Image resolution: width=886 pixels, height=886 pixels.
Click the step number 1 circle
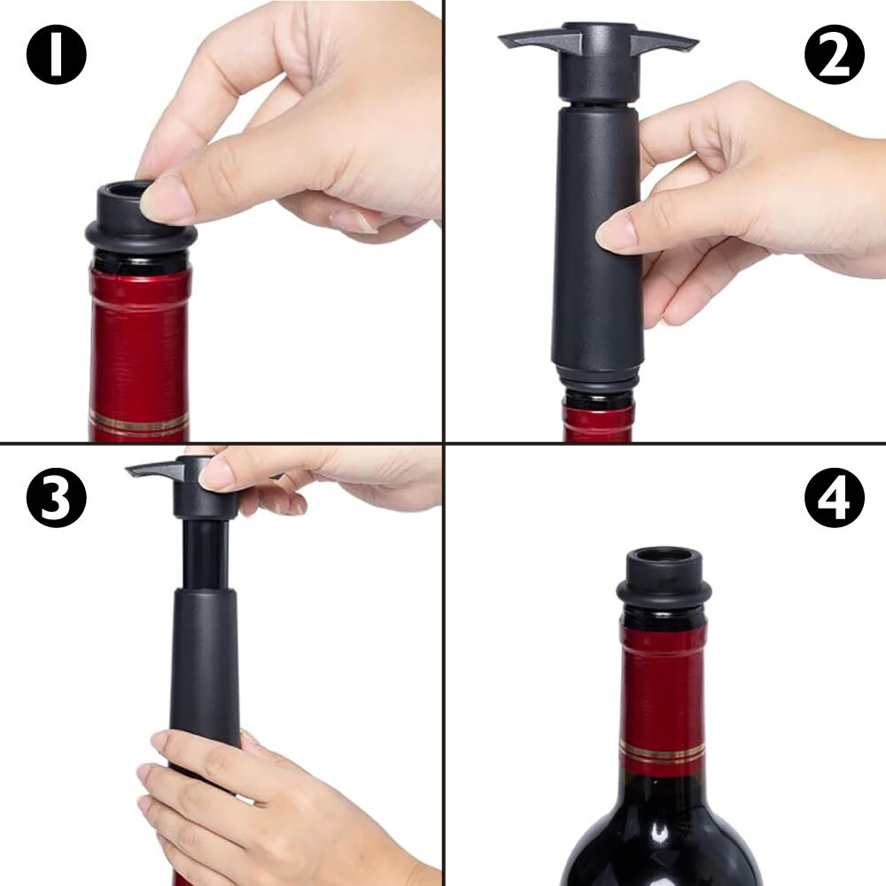coord(57,55)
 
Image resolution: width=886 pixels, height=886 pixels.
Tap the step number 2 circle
coord(834,55)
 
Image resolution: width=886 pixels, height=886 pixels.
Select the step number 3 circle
coord(57,498)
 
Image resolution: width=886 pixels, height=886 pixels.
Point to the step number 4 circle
coord(834,498)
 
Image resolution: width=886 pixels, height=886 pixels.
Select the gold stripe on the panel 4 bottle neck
coord(662,752)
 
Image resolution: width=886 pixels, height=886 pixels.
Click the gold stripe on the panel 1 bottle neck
coord(139,424)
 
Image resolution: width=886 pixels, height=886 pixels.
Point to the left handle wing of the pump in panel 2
coord(540,39)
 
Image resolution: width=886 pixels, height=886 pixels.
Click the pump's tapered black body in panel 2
coord(597,237)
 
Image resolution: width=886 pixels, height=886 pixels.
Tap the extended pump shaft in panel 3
coord(206,554)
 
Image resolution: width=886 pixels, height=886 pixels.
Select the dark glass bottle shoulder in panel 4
coord(662,836)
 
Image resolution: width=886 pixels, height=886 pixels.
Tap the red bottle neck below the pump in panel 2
coord(598,421)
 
